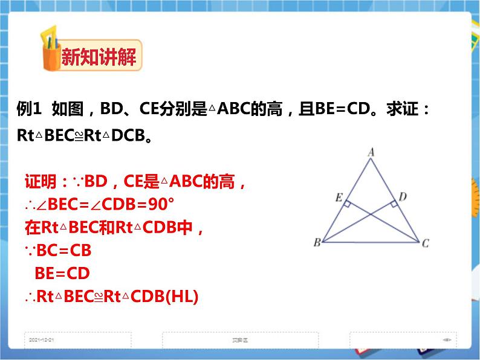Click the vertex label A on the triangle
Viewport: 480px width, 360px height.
(x=371, y=153)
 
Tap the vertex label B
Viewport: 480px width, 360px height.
(x=316, y=243)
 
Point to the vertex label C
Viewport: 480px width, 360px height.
(x=426, y=243)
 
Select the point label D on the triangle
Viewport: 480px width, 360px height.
(x=403, y=196)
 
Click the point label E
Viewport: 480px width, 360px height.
(x=339, y=197)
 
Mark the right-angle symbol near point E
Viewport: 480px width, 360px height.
(x=347, y=205)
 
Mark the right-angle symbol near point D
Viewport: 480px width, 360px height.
(x=394, y=205)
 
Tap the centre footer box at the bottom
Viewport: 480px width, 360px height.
(x=240, y=340)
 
